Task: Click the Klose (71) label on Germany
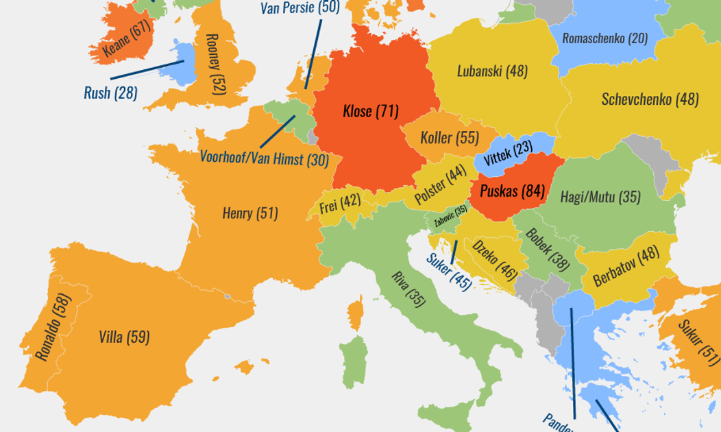tap(371, 111)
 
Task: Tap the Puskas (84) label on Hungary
tap(512, 191)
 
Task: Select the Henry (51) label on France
tap(250, 213)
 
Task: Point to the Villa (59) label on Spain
tap(124, 337)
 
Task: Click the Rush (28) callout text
tap(110, 93)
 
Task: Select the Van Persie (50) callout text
tap(300, 8)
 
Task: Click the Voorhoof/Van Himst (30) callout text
tap(264, 158)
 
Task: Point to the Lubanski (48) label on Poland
tap(492, 71)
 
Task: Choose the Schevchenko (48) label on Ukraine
tap(650, 99)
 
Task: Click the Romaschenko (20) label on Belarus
tap(604, 38)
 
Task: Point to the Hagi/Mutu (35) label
tap(600, 197)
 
